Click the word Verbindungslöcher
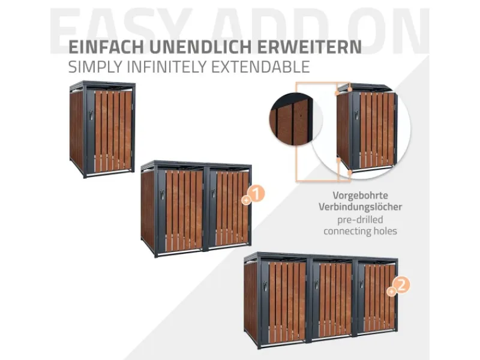tap(360, 207)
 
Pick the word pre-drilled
tap(360, 219)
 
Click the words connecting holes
tap(360, 231)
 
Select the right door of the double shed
tap(229, 208)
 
